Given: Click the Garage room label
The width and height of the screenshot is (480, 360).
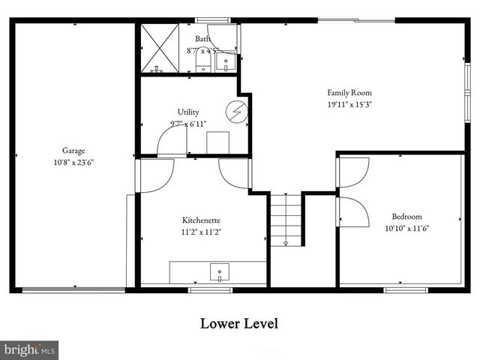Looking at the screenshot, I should tap(73, 150).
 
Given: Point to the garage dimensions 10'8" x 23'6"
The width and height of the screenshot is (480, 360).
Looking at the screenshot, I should tap(73, 161).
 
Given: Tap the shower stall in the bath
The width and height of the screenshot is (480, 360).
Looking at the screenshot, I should tap(158, 47).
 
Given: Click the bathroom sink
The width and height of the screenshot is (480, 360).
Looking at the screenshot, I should tap(224, 64).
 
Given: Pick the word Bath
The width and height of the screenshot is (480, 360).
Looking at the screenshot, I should tap(202, 38).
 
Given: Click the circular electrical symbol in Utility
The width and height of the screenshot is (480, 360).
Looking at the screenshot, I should tap(237, 110).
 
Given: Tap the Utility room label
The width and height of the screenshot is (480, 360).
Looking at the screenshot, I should tap(188, 112).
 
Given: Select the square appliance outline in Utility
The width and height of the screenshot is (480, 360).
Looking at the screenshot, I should tap(217, 142).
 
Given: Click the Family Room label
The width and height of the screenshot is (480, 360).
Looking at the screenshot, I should tap(349, 93).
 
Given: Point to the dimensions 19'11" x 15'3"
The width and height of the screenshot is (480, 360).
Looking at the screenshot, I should tap(349, 104).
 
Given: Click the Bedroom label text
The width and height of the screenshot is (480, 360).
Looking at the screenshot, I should tap(406, 216).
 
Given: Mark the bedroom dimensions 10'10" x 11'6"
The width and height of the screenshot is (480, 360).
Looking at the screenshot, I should tap(406, 228).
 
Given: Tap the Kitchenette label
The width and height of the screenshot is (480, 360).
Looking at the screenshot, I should tap(201, 220).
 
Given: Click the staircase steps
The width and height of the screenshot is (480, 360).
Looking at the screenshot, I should tap(286, 218).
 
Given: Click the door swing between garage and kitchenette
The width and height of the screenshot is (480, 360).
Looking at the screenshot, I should tap(155, 174).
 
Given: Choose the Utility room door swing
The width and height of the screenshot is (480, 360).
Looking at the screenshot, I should tap(170, 142).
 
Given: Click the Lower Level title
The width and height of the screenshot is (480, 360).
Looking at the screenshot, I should tap(239, 324).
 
